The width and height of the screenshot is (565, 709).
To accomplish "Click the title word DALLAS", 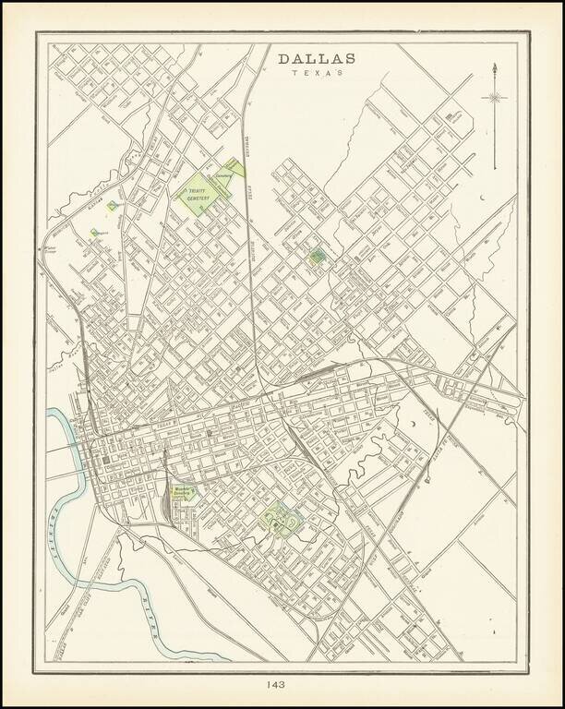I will pos(316,59).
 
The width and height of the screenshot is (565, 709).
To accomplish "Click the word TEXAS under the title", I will pos(316,73).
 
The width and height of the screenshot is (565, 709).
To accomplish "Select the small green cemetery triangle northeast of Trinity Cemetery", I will pos(236,167).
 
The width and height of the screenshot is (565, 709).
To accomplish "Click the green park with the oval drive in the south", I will pos(280,522).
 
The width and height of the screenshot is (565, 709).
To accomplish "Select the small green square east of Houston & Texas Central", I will pos(317,256).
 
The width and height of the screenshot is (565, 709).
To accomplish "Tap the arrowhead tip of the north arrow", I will pos(497,67).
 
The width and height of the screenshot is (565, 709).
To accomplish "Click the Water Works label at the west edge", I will pos(52,248).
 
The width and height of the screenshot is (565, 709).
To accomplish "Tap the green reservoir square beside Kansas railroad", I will pos(111,205).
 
